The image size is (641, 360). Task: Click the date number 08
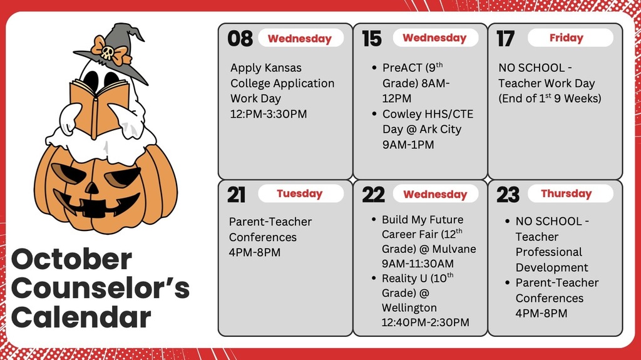(x=240, y=38)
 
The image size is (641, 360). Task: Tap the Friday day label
(x=566, y=38)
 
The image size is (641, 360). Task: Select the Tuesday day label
(x=300, y=193)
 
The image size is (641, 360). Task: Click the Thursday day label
(x=566, y=193)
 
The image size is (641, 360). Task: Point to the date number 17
(x=505, y=38)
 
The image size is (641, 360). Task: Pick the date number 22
(x=373, y=194)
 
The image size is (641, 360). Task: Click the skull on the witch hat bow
(x=108, y=53)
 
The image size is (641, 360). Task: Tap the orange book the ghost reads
(x=99, y=107)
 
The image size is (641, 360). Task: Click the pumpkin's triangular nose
(x=92, y=188)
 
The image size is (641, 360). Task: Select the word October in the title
(x=71, y=259)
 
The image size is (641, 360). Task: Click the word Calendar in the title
(x=81, y=318)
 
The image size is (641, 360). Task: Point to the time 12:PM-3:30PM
(x=269, y=114)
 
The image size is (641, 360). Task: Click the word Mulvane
(x=454, y=249)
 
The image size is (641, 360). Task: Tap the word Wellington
(x=409, y=307)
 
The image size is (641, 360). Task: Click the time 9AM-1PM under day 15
(x=408, y=145)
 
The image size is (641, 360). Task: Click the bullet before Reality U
(x=374, y=278)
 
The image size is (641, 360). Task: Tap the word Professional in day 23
(x=548, y=252)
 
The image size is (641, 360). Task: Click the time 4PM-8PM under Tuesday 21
(x=255, y=252)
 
